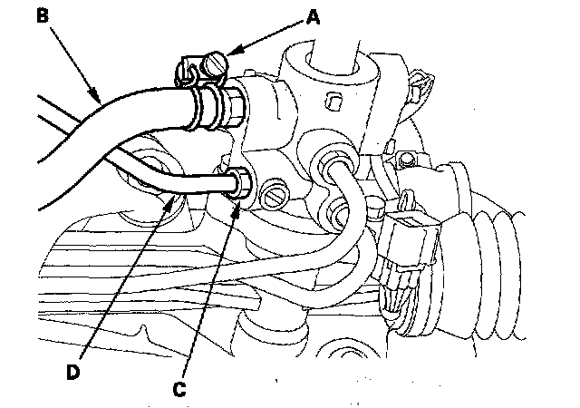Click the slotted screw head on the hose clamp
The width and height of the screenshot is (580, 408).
pyautogui.click(x=214, y=64)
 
